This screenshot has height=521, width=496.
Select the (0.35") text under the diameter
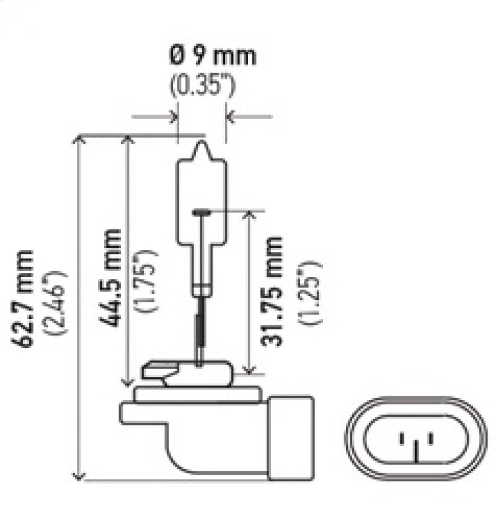coord(202,87)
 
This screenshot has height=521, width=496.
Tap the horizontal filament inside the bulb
coord(202,212)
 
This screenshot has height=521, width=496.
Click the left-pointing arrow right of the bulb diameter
coord(231,116)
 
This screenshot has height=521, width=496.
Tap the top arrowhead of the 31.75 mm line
coord(249,216)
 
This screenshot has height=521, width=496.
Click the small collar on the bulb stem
coord(200,289)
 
